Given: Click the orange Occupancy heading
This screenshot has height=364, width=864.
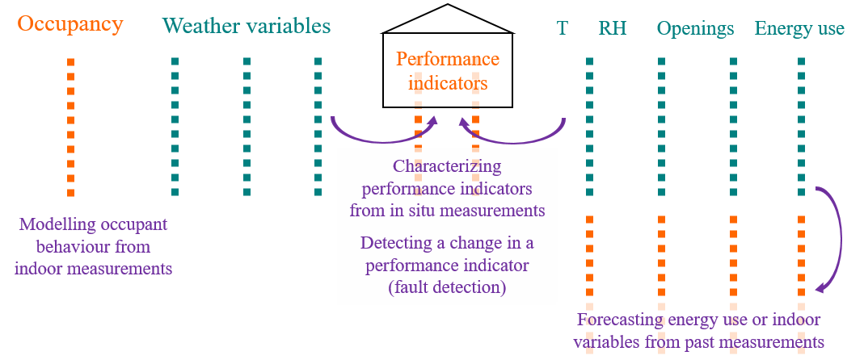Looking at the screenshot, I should (x=70, y=24).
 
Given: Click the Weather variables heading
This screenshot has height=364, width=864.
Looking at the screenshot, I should (x=247, y=26).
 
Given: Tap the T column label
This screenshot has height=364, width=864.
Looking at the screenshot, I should (x=563, y=29).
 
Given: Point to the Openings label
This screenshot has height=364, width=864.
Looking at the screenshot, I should (x=695, y=29).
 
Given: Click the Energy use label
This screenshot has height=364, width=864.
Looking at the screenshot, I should (x=799, y=29).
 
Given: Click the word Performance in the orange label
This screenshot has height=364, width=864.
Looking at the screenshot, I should (x=448, y=59).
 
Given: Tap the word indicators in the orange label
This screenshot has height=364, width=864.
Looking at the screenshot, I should (x=448, y=83).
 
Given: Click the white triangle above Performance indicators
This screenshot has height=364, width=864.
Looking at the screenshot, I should (x=448, y=20).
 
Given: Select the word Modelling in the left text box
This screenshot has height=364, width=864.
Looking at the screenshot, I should (x=53, y=224).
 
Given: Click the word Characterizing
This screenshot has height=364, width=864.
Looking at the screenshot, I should (x=447, y=166).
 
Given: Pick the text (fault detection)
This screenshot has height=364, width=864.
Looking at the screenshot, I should (x=447, y=287).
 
